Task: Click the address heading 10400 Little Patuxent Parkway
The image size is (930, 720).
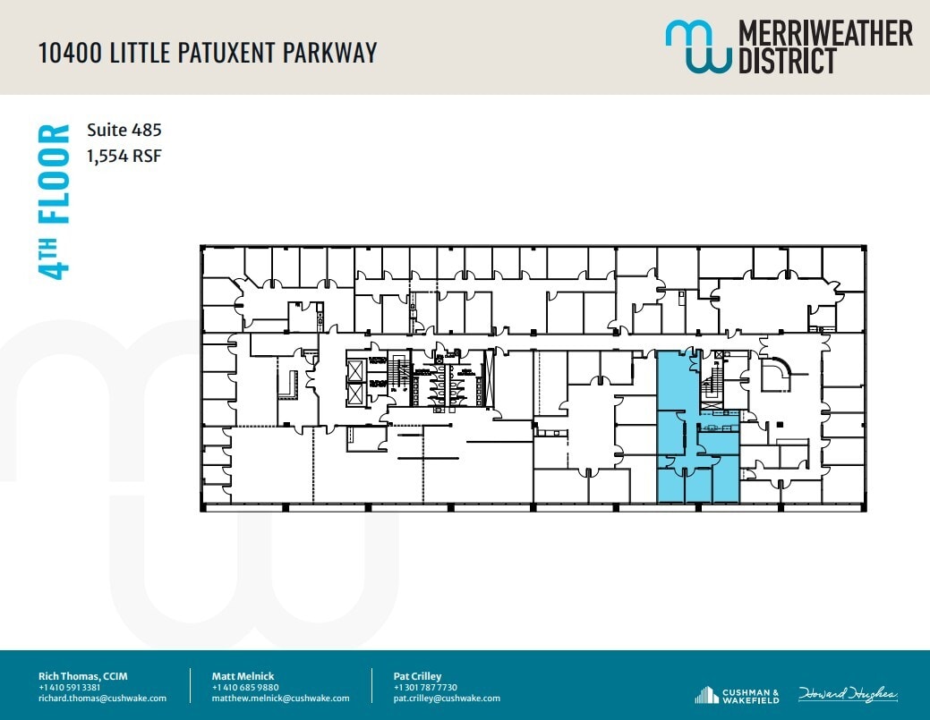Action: [x=208, y=53]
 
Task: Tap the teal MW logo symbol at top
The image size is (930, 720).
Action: [x=697, y=47]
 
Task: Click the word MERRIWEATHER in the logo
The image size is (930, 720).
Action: [x=824, y=33]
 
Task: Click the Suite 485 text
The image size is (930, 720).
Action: [x=124, y=130]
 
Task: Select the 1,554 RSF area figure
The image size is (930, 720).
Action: [x=124, y=157]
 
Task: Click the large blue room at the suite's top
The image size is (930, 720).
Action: [x=677, y=380]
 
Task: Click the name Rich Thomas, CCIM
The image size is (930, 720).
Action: [x=82, y=676]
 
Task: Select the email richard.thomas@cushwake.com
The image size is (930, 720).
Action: [x=102, y=699]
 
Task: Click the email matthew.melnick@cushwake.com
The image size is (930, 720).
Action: [x=280, y=699]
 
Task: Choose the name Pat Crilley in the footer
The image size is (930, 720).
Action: [x=417, y=676]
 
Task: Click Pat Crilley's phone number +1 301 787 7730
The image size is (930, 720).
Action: [x=425, y=687]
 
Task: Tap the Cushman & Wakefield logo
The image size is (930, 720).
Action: [x=738, y=694]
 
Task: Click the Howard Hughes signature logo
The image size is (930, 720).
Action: [x=847, y=694]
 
